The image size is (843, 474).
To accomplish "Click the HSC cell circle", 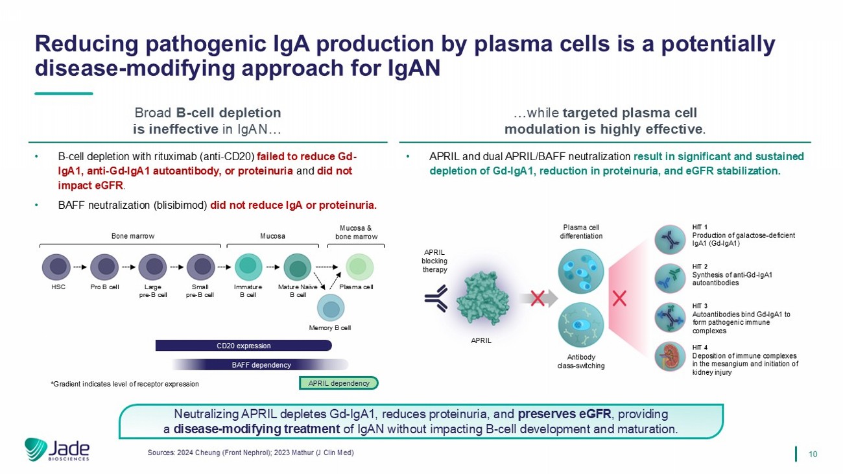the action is point(56,267).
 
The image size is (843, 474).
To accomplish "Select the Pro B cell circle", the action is point(104,267).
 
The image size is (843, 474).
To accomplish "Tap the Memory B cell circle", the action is point(331,308).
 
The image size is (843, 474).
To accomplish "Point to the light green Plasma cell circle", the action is point(359,267).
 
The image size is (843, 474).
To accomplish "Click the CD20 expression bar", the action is point(244,346).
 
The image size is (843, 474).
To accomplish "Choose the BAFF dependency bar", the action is point(261,364).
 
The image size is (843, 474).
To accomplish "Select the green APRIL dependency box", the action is point(338,383).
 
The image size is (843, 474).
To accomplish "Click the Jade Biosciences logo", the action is point(57,449).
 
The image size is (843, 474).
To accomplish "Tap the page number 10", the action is point(813,454).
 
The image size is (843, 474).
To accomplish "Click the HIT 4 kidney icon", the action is point(670,357).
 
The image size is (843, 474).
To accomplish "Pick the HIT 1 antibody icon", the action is point(670,240).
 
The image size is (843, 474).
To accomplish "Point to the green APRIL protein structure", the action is point(482,297).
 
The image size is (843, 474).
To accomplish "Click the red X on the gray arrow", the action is point(538,299).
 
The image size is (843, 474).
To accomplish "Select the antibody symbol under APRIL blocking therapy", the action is point(436,298).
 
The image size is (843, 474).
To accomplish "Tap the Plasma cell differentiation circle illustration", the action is point(580,272).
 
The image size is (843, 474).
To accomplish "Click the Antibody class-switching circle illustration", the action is point(580,325).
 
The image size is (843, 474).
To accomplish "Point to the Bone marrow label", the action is point(133,236).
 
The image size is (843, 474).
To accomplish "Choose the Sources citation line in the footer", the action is point(251,453).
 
